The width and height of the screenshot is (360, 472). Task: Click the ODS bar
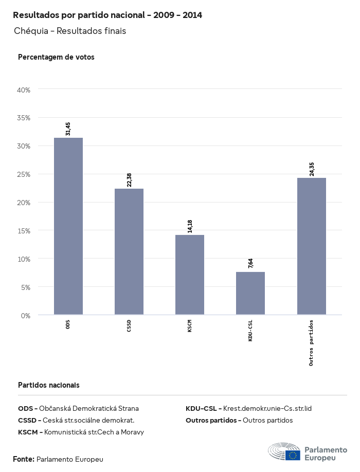pos(68,226)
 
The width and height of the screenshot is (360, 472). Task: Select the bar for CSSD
pos(129,251)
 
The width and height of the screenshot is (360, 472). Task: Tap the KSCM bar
pos(190,275)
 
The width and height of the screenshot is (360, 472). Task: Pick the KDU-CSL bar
pos(250,293)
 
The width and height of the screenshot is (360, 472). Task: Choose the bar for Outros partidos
pos(312,246)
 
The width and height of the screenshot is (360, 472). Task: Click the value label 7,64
pos(250,263)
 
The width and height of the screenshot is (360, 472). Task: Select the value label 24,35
pos(312,169)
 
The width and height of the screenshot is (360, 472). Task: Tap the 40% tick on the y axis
pos(24,90)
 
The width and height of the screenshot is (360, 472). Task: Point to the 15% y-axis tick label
pos(24,230)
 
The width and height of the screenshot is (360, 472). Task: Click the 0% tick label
pos(26,315)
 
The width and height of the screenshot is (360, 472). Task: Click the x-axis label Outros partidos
pos(312,342)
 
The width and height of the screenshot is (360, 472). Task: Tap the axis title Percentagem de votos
pos(56,57)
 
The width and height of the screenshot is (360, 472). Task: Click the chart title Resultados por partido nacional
pos(107,15)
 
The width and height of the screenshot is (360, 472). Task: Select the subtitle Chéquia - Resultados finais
pos(70,31)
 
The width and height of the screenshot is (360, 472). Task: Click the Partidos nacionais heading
pos(49,385)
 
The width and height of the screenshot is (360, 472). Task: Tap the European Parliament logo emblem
pos(284,452)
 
